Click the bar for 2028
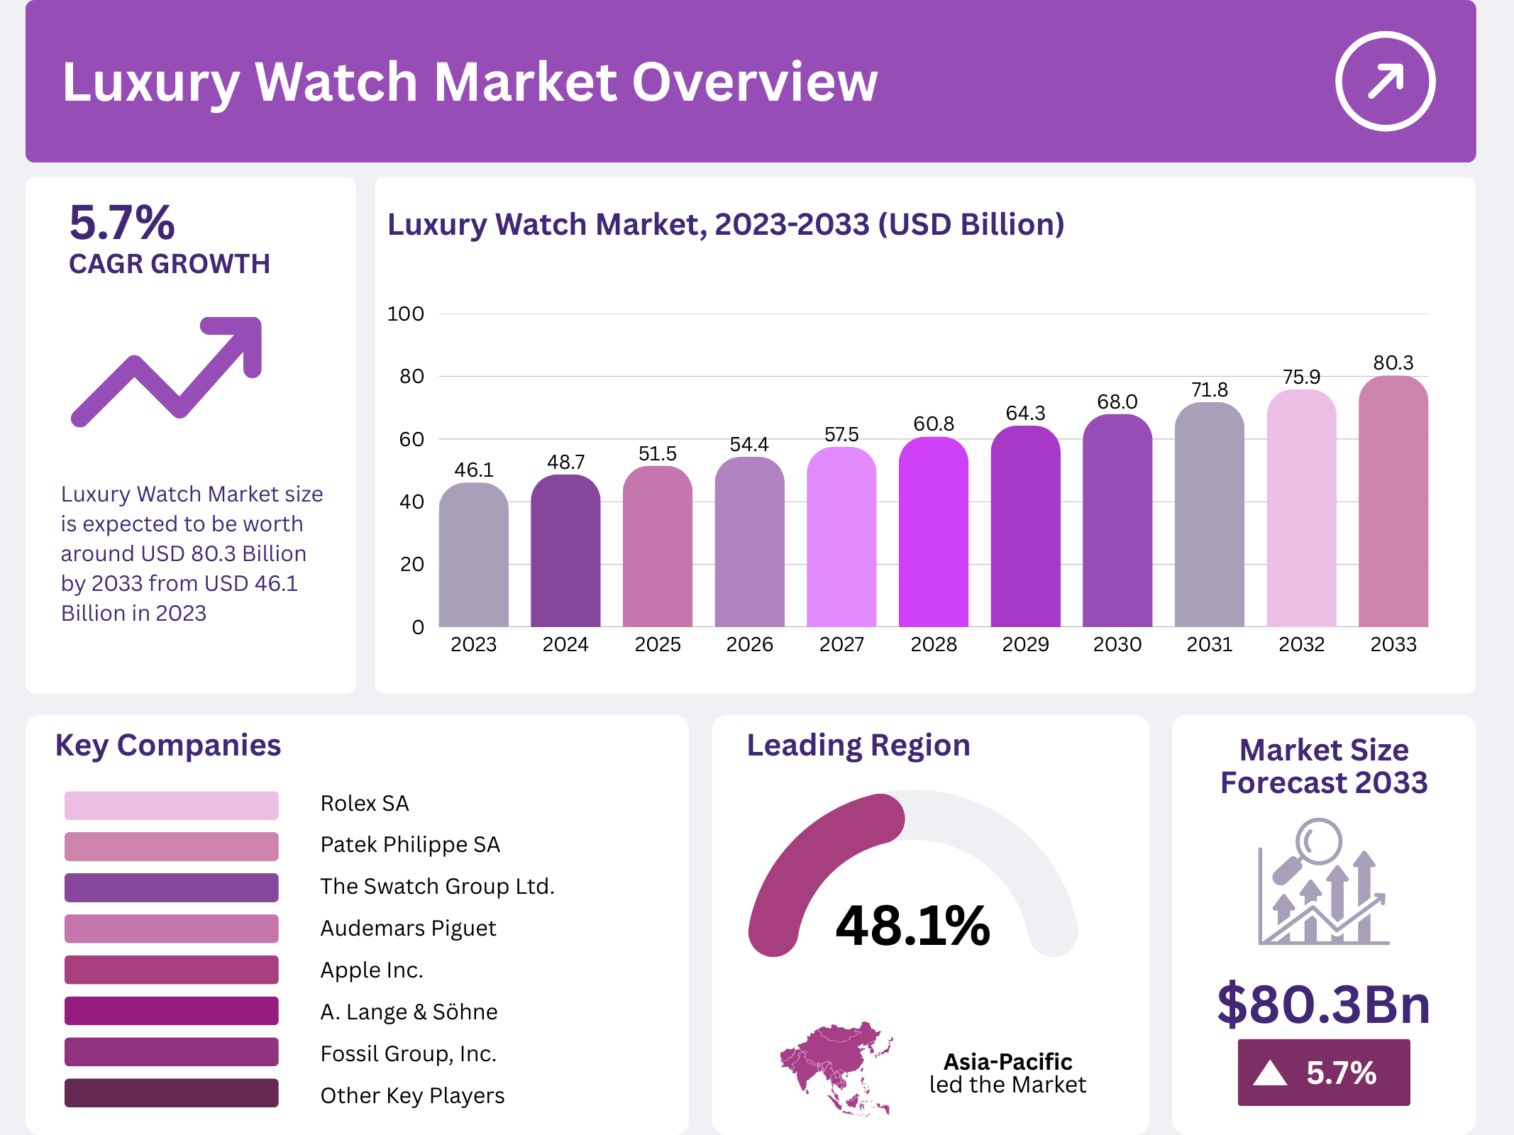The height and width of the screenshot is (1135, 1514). (933, 532)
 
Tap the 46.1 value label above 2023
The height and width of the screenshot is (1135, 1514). (474, 470)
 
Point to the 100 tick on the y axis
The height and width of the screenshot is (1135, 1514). (405, 314)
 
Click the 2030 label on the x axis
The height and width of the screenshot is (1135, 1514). (1117, 644)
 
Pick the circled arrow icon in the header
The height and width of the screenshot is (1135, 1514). (1385, 81)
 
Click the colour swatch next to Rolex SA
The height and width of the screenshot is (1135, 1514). (171, 805)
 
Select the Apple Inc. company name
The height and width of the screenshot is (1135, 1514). (371, 970)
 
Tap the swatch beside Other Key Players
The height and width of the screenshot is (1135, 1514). (171, 1093)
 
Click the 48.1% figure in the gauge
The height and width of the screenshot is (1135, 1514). (912, 926)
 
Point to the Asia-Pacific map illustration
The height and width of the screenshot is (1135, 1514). (836, 1068)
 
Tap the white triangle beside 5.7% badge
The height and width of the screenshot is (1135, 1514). (1269, 1073)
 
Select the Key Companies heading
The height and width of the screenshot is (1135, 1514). (168, 746)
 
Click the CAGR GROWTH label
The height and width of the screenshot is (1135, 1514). (170, 264)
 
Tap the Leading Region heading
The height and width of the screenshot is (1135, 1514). (858, 746)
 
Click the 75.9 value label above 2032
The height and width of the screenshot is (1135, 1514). (1301, 377)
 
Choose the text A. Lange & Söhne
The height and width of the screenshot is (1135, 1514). (409, 1012)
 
